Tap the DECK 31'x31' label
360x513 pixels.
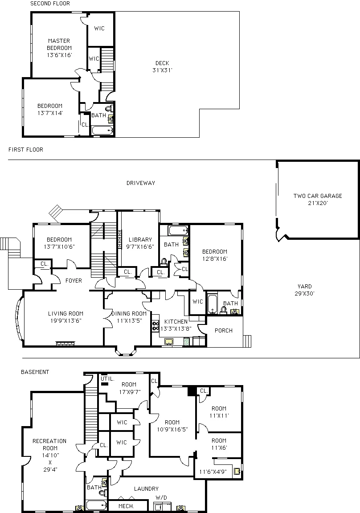point(162,66)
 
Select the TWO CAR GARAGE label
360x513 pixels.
point(317,199)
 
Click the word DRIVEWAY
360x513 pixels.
point(140,183)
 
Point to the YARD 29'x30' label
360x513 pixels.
point(304,290)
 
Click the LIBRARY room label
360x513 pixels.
point(140,243)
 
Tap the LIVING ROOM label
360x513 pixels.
point(65,316)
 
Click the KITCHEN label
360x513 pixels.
point(176,325)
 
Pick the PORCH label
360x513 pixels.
point(223,331)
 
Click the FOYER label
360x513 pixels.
point(74,281)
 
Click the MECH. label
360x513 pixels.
point(127,506)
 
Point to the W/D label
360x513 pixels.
point(161,497)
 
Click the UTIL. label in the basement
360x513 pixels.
point(108,378)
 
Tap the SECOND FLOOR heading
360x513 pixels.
point(49,4)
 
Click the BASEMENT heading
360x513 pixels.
point(35,372)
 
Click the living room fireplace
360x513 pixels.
point(65,343)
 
